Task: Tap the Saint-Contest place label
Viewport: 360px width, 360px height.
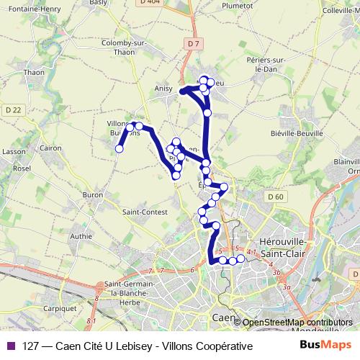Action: (145, 212)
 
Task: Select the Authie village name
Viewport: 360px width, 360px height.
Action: (81, 235)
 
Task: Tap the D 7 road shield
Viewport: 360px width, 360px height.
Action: (191, 44)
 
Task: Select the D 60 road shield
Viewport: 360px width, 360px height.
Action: (274, 196)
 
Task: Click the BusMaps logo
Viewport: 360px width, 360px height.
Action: (327, 346)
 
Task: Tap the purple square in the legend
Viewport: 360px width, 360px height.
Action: (10, 346)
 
